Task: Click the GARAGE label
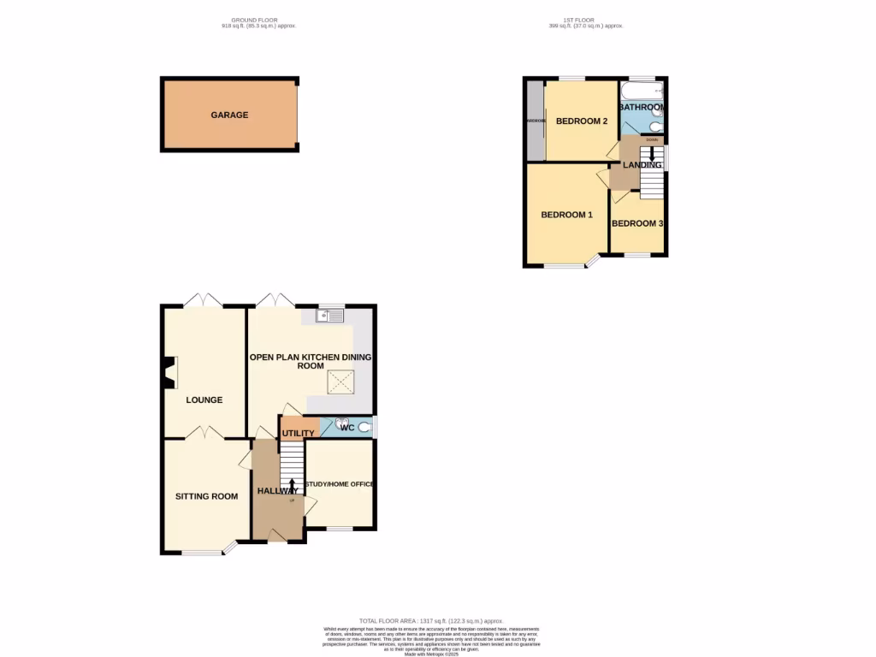tap(229, 115)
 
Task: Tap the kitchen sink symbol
tap(330, 316)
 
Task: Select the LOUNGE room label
tap(204, 400)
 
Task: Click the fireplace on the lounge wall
tap(168, 371)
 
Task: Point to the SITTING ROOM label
tap(206, 496)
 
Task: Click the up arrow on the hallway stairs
tap(293, 487)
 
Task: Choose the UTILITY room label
tap(299, 434)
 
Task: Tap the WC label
tap(347, 428)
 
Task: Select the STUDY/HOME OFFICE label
tap(340, 484)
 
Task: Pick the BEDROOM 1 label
tap(566, 215)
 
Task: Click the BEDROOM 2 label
tap(582, 121)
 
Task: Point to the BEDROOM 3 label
tap(637, 223)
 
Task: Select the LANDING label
tap(642, 164)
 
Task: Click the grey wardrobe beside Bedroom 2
tap(536, 121)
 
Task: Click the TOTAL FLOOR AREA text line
tap(432, 620)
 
